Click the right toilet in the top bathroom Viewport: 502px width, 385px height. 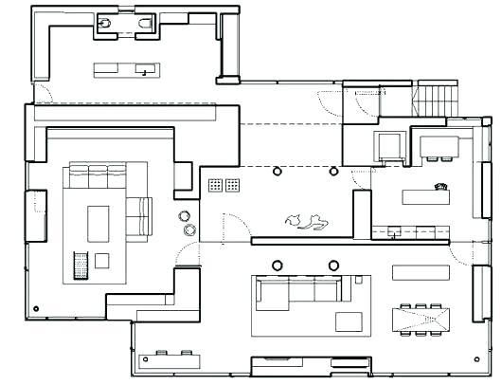(145, 24)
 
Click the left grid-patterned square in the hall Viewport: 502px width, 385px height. (215, 183)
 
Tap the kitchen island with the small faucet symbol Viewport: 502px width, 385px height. (423, 196)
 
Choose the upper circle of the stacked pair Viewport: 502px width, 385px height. (187, 215)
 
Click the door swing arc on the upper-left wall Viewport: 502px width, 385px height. (39, 92)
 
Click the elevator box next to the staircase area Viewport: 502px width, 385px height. (387, 145)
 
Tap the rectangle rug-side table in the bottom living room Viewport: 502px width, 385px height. (347, 320)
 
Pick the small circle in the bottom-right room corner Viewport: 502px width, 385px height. (475, 358)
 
